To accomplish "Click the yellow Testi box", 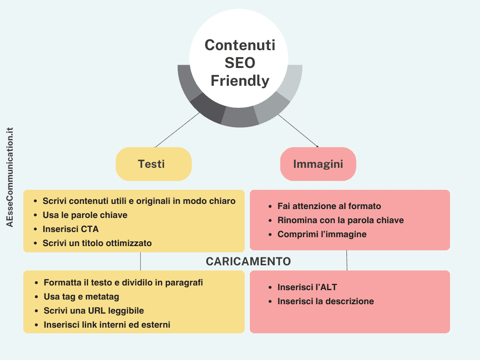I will click(x=153, y=164).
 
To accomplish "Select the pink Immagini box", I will click(x=318, y=164).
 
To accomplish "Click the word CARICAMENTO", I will click(x=248, y=262).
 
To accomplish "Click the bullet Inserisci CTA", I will click(x=71, y=229).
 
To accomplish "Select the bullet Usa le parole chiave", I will click(x=85, y=215).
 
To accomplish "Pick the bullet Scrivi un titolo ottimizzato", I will click(x=97, y=243).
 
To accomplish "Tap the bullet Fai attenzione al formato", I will click(x=329, y=206).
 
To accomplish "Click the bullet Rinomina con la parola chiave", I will click(x=340, y=220).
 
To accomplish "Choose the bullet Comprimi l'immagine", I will click(x=322, y=234).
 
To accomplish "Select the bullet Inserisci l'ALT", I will click(x=307, y=287).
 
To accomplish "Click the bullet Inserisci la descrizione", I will click(x=325, y=301).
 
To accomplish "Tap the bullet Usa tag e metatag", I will click(x=82, y=297).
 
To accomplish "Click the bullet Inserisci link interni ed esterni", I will click(x=107, y=325).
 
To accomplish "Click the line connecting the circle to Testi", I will click(x=177, y=130).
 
